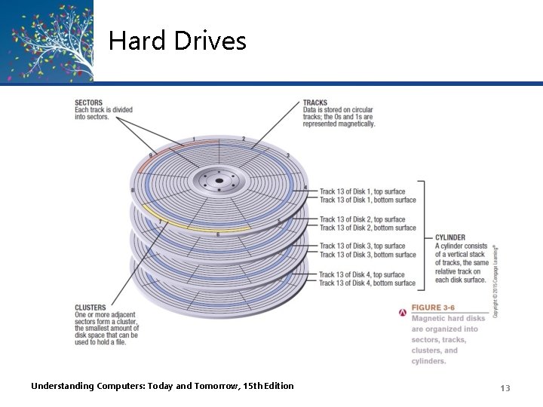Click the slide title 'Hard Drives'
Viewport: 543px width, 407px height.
177,40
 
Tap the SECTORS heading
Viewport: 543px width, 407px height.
89,103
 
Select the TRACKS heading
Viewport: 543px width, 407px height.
315,103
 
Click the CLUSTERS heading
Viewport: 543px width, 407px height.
90,308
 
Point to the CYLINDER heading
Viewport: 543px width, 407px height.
450,237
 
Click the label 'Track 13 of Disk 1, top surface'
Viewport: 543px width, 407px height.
362,191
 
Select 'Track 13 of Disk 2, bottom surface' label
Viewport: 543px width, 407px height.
367,228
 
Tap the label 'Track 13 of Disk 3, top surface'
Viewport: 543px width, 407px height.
362,246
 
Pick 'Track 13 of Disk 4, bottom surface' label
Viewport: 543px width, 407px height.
367,283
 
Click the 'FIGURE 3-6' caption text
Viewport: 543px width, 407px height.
433,308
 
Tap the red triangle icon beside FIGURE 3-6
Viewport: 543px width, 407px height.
403,309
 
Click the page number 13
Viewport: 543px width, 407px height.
505,387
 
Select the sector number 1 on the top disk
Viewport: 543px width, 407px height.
194,139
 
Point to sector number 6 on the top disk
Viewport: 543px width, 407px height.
218,234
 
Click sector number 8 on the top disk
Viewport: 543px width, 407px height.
133,191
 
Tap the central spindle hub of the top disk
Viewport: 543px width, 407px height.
218,181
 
